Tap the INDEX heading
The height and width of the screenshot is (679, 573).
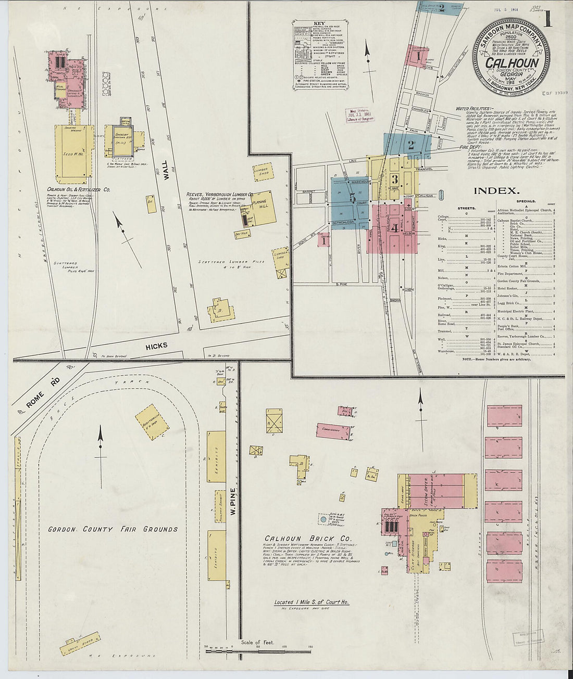point(495,191)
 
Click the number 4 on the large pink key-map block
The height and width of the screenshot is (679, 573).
point(395,227)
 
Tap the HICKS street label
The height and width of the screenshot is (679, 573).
point(156,345)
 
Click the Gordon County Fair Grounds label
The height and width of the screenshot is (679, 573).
point(113,529)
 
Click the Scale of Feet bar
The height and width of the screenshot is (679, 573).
point(258,650)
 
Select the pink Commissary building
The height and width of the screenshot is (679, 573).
point(331,430)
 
